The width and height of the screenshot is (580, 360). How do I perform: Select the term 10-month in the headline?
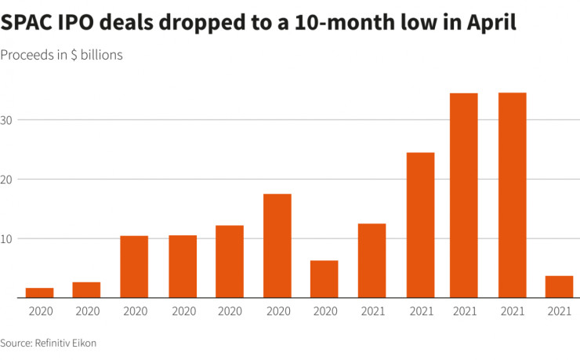click(338, 23)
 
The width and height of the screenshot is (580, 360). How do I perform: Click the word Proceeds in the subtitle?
click(28, 56)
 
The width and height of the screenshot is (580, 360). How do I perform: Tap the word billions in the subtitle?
click(100, 56)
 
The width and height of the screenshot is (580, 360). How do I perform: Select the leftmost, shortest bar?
click(39, 293)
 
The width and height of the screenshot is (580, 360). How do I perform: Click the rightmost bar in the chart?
click(559, 287)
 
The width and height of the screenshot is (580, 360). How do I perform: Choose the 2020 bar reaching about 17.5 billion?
click(277, 245)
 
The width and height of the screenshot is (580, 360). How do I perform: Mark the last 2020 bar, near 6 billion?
click(324, 279)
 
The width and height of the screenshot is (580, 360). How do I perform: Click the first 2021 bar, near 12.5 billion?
click(372, 260)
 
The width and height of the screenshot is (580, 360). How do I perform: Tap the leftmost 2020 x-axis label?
click(39, 311)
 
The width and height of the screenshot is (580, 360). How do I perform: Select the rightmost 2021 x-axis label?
click(559, 311)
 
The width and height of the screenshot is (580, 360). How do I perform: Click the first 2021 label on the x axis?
click(372, 311)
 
